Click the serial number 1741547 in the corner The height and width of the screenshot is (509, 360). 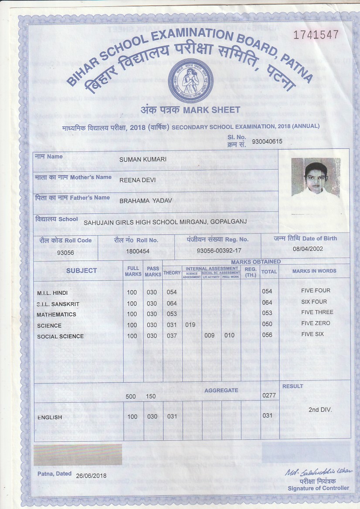pos(316,35)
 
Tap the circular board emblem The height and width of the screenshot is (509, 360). pos(190,80)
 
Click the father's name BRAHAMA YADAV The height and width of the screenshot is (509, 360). pos(146,200)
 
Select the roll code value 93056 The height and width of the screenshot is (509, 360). pos(65,252)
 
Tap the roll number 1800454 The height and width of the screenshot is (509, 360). pos(137,251)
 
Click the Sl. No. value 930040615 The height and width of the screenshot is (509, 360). pos(267,142)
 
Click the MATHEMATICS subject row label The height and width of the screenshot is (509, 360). pos(56,314)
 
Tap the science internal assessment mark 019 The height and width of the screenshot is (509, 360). pos(190,324)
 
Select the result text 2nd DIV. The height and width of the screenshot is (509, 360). pos(320,410)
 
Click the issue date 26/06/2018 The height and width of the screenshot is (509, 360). pos(91,476)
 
